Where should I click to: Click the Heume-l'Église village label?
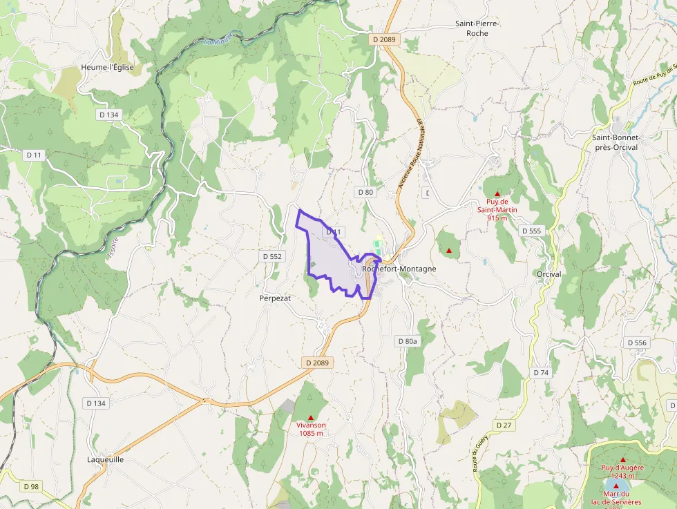pyautogui.click(x=107, y=68)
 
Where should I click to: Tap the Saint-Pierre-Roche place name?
pyautogui.click(x=477, y=28)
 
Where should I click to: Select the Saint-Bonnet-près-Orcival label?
pyautogui.click(x=616, y=143)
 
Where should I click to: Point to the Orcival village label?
pyautogui.click(x=549, y=274)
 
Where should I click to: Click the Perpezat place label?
pyautogui.click(x=275, y=298)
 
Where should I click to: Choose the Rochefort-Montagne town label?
pyautogui.click(x=399, y=269)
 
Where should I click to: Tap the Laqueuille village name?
pyautogui.click(x=106, y=459)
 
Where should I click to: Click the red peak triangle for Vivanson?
pyautogui.click(x=311, y=417)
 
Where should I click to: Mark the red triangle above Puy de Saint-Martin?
pyautogui.click(x=497, y=194)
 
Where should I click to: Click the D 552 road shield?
pyautogui.click(x=273, y=256)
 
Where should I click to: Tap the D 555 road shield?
pyautogui.click(x=532, y=231)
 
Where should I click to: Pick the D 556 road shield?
pyautogui.click(x=637, y=343)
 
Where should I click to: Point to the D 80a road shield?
pyautogui.click(x=408, y=341)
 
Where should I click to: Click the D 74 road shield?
pyautogui.click(x=541, y=372)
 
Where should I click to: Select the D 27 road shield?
pyautogui.click(x=504, y=425)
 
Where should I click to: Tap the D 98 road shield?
pyautogui.click(x=31, y=486)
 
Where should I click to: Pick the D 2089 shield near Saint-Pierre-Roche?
pyautogui.click(x=384, y=40)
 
